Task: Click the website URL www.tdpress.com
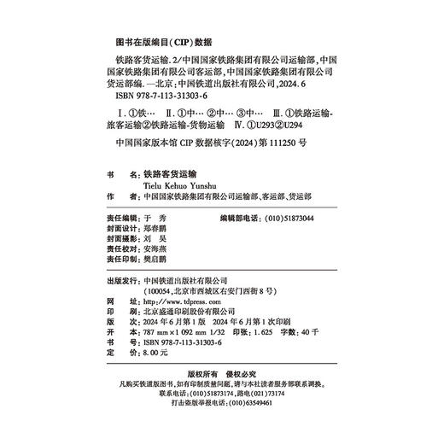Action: click(x=176, y=301)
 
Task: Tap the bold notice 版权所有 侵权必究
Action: click(x=228, y=374)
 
